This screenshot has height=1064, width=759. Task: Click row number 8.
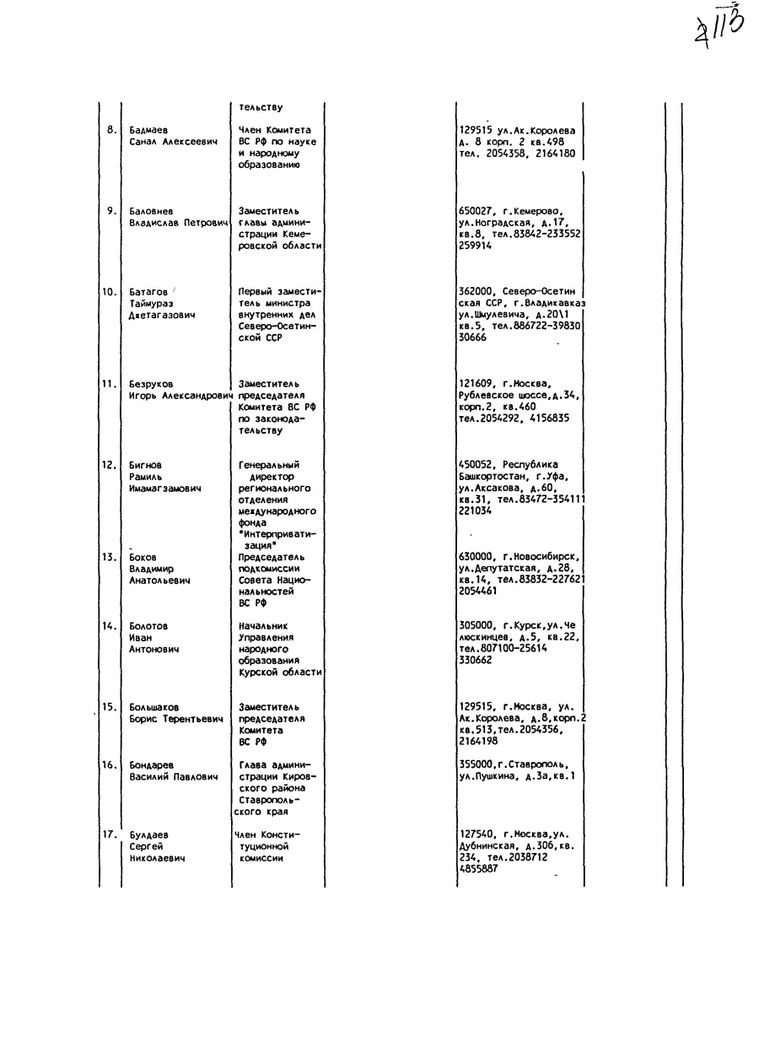click(110, 130)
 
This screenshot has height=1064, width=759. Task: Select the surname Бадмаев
click(149, 131)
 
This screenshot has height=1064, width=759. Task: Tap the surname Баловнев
click(152, 211)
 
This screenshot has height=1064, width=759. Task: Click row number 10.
click(110, 292)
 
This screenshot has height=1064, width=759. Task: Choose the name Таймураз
click(151, 304)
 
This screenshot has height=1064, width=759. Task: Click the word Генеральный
click(269, 465)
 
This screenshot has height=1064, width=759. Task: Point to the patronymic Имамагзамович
click(165, 489)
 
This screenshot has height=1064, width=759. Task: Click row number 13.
click(110, 557)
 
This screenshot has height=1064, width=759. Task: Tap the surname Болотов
click(148, 627)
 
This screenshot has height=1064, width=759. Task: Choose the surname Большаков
click(153, 707)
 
